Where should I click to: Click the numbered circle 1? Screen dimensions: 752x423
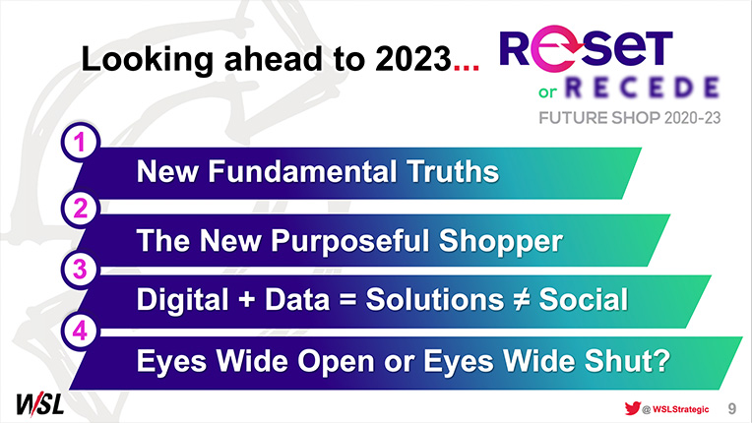[80, 143]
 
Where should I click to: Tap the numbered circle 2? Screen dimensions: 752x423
[80, 209]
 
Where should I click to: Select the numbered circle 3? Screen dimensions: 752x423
[80, 270]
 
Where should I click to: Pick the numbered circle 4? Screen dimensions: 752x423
[80, 331]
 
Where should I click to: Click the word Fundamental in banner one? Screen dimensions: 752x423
[302, 171]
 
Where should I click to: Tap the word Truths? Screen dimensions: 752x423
[452, 171]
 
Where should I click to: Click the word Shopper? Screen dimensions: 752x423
[500, 240]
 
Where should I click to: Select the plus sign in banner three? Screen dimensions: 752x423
[246, 300]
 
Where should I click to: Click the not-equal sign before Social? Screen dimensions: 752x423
[521, 300]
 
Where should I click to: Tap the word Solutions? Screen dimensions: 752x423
[434, 299]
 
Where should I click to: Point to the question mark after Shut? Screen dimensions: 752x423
[661, 360]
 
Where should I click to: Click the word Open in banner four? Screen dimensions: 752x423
[336, 361]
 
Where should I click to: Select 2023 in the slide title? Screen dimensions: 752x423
[413, 59]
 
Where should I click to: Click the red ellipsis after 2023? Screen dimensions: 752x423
[467, 68]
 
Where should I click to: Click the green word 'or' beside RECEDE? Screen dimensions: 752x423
[547, 91]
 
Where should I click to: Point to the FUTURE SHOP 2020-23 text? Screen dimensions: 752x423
[629, 118]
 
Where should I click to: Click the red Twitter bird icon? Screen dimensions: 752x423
[633, 408]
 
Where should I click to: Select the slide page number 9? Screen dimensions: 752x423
[732, 408]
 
